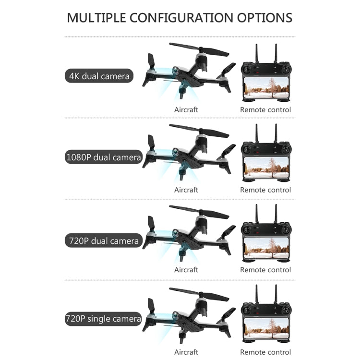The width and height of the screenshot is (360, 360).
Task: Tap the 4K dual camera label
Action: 99,76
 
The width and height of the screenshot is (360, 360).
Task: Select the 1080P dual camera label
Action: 103,157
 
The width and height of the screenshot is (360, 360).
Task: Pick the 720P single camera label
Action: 103,318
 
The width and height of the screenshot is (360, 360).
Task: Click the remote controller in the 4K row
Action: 265,77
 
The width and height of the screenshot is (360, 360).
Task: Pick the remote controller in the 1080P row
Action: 265,157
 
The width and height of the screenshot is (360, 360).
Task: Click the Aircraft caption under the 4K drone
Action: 186,109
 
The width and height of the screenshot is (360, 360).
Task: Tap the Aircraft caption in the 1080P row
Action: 186,190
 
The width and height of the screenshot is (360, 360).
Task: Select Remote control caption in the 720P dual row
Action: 265,270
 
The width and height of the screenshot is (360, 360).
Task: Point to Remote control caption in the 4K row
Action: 265,109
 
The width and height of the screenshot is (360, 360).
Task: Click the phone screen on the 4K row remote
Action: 265,88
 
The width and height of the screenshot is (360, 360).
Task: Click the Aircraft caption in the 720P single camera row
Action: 186,352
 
